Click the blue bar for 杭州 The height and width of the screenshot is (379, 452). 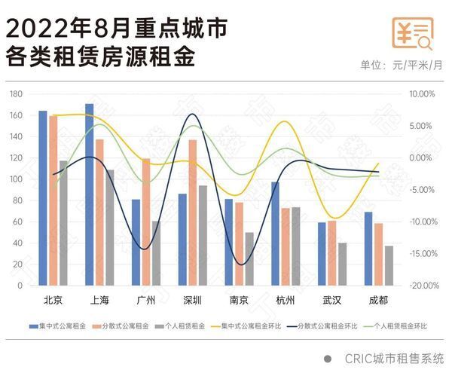coord(276,234)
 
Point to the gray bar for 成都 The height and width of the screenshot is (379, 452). coord(389,265)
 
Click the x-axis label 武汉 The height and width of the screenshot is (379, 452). coord(331,300)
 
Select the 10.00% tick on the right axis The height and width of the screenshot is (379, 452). coord(422,94)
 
